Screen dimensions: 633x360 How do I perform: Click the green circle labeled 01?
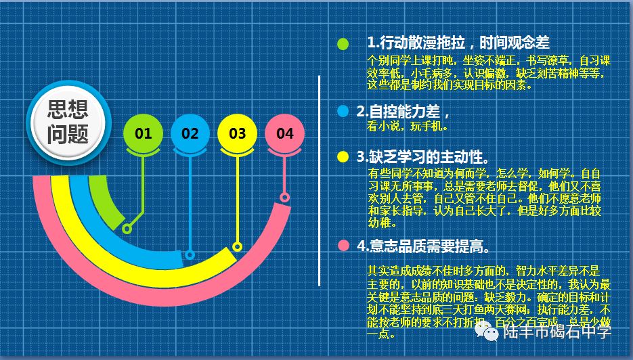click(x=143, y=133)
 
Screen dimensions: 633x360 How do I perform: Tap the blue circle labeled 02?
click(x=190, y=133)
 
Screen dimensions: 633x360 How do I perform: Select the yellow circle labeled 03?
click(x=237, y=133)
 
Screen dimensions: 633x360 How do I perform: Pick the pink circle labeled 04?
click(x=285, y=133)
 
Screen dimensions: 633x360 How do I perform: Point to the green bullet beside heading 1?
click(x=343, y=44)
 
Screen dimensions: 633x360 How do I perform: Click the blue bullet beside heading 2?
click(x=343, y=111)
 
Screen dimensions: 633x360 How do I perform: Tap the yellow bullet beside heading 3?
click(x=343, y=157)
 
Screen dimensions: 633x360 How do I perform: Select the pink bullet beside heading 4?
click(x=343, y=245)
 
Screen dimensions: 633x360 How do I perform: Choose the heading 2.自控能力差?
click(x=403, y=111)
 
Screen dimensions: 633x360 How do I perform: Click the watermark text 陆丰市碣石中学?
click(x=556, y=332)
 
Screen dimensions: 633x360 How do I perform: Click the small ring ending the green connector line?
click(x=127, y=229)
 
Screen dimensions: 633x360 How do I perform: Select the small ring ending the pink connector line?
click(x=285, y=198)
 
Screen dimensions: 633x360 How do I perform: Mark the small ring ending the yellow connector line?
click(x=237, y=246)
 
